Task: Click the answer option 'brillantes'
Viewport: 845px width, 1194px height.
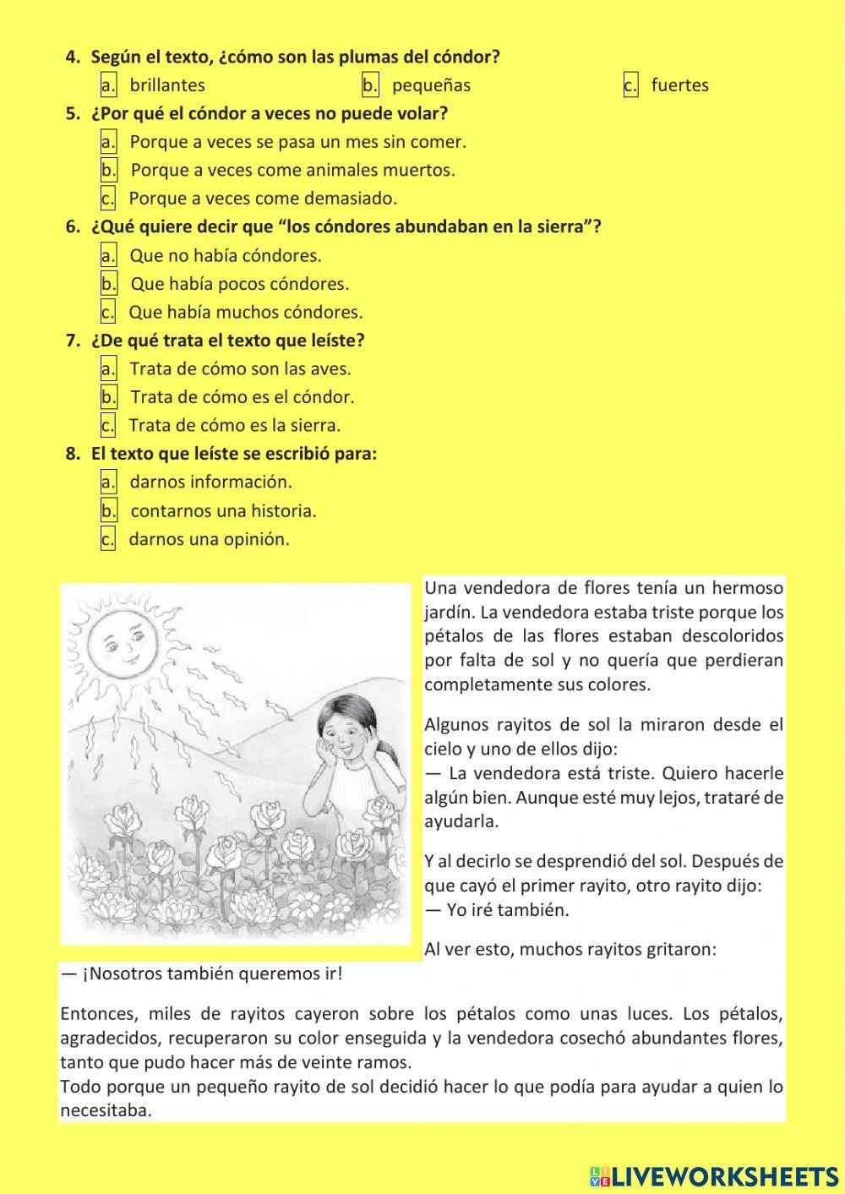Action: coord(166,85)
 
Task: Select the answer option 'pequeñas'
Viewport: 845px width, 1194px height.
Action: coord(431,85)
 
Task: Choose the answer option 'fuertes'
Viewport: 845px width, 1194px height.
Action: coord(679,85)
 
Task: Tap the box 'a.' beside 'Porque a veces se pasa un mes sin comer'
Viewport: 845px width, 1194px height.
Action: coord(108,142)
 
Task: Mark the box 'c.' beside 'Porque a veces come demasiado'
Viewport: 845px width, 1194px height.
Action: coord(107,199)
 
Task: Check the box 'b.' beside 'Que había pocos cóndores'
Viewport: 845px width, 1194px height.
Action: coord(108,284)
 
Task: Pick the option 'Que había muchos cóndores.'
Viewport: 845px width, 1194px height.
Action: coord(245,313)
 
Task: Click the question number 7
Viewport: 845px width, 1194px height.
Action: coord(73,341)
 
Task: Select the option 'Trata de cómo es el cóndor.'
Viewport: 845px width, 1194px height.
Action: coord(243,397)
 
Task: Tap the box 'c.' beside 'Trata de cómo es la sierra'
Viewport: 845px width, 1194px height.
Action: coord(107,425)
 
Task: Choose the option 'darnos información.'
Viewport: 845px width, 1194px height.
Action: coord(210,483)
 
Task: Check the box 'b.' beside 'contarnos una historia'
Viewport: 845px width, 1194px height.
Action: coord(108,511)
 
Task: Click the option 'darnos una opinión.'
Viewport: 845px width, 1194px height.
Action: coord(209,539)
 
